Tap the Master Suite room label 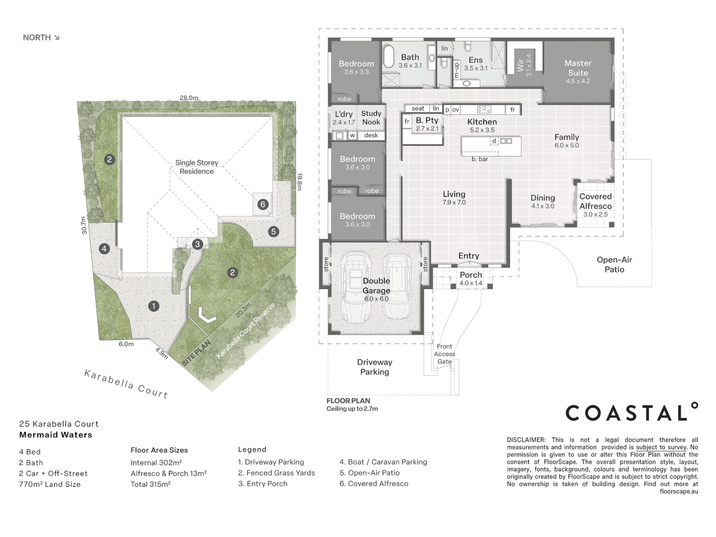pos(578,68)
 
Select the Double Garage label pos(376,286)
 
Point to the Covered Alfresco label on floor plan pos(595,201)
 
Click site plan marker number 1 pos(154,306)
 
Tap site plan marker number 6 pos(263,204)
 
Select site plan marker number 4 pos(104,249)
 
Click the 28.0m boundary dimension pos(189,98)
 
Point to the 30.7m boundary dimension pos(84,225)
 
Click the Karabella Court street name pos(126,384)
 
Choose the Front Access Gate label pos(445,354)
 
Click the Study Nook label pos(371,118)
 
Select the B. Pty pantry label pos(427,120)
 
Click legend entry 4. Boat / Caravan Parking pos(383,462)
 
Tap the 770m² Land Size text pos(50,484)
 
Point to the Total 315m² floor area pos(151,484)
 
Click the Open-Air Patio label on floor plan pos(614,265)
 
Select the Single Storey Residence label pos(196,167)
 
